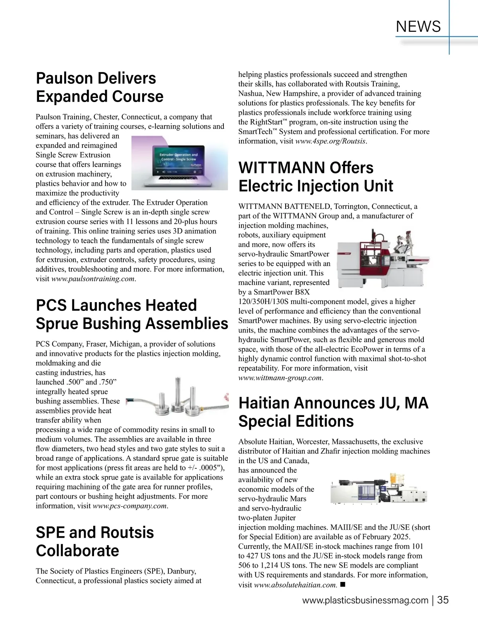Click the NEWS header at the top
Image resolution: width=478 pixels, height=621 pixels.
pyautogui.click(x=419, y=26)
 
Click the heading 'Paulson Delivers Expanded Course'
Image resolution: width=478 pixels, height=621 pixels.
pyautogui.click(x=100, y=87)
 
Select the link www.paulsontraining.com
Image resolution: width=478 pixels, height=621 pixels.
pyautogui.click(x=93, y=279)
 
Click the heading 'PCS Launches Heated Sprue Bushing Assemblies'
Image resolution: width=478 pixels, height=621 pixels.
pyautogui.click(x=132, y=314)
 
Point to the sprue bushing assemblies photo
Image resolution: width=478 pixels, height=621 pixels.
pyautogui.click(x=175, y=398)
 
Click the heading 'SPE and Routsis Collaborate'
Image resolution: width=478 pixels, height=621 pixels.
pyautogui.click(x=95, y=541)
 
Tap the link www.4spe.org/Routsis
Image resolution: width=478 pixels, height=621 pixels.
pyautogui.click(x=330, y=141)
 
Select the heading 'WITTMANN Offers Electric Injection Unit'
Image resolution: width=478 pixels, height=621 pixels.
pyautogui.click(x=315, y=177)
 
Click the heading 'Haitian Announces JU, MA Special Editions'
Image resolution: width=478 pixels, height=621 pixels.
pyautogui.click(x=333, y=412)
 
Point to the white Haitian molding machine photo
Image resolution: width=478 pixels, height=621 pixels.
pyautogui.click(x=380, y=489)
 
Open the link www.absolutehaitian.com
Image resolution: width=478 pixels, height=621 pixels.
pyautogui.click(x=295, y=585)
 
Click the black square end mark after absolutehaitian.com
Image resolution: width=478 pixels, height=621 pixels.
pyautogui.click(x=343, y=584)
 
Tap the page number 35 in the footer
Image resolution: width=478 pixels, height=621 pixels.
pyautogui.click(x=443, y=600)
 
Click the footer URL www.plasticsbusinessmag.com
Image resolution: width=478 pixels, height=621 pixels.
pyautogui.click(x=365, y=601)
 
